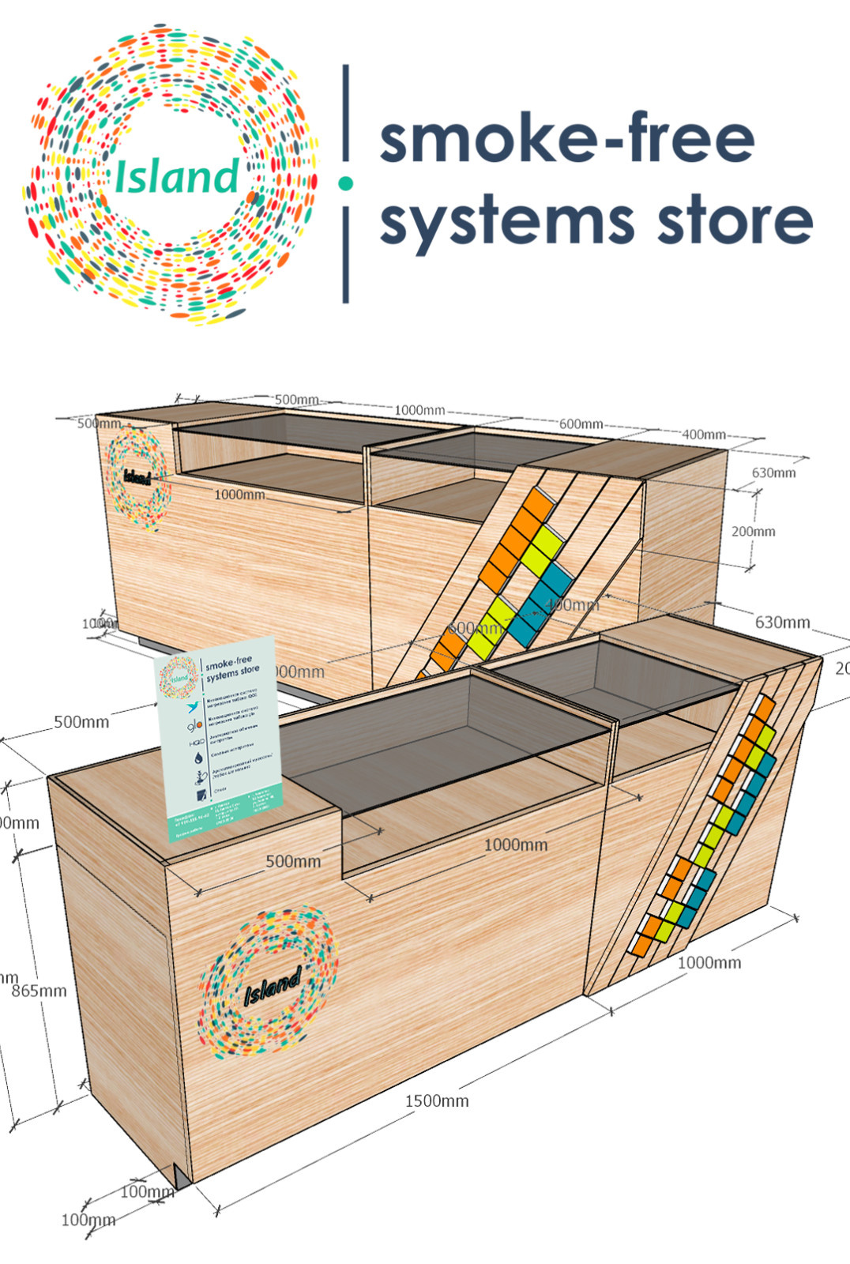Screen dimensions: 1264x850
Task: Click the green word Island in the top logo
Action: tap(176, 176)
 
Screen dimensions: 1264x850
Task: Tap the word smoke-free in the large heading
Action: tap(566, 139)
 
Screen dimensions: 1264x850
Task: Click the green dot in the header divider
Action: tap(345, 183)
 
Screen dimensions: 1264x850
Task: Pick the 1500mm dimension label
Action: tap(436, 1100)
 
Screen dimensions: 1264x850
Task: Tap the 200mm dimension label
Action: tap(753, 531)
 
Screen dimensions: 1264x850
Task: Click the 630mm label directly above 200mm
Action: tap(773, 472)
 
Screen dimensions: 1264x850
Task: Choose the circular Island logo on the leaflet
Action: tap(178, 678)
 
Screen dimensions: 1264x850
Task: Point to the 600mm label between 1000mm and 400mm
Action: tap(581, 424)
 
